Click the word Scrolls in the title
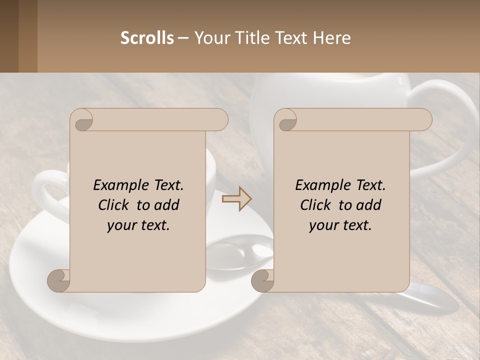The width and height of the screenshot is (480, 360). [x=147, y=38]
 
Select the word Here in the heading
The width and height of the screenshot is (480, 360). [x=332, y=38]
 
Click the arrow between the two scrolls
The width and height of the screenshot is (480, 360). [x=237, y=199]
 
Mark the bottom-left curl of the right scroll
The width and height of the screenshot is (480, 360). [x=262, y=280]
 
